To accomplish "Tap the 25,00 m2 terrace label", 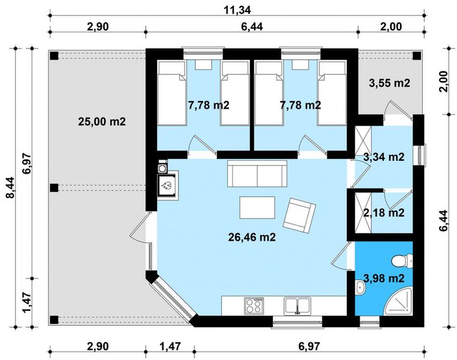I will (x=102, y=121).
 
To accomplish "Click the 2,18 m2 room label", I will (x=384, y=212).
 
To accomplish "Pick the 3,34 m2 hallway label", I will (x=384, y=157).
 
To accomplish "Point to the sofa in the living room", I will (x=257, y=175).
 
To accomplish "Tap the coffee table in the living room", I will (x=257, y=208).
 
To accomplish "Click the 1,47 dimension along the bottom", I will (x=170, y=347).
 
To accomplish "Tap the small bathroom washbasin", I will (x=360, y=289).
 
